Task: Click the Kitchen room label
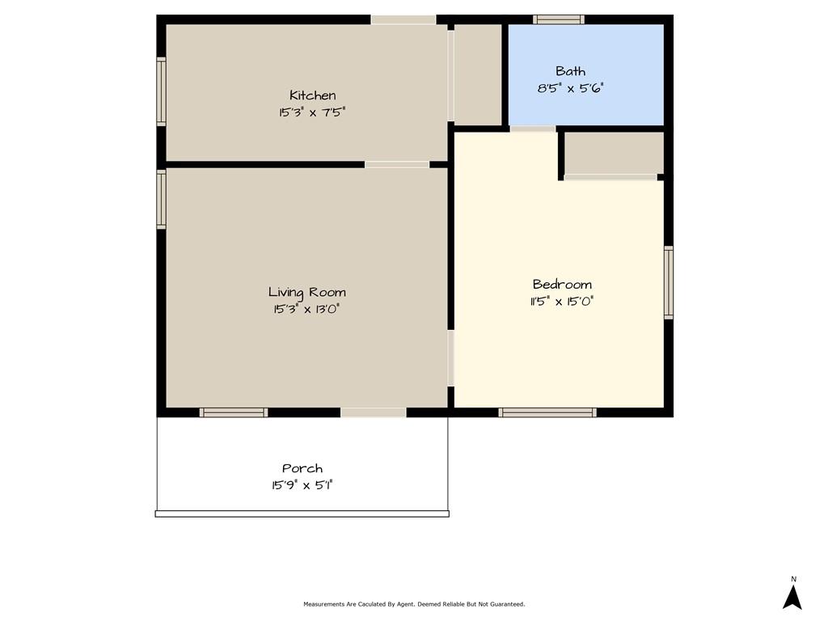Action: (313, 95)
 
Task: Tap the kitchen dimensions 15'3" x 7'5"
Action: (312, 112)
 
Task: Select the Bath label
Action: (570, 71)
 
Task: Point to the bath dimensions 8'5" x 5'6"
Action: (570, 88)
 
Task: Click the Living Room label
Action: (306, 292)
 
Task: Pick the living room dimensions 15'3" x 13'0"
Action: (306, 309)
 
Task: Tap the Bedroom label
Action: (562, 285)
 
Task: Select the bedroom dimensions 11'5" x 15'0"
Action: (562, 302)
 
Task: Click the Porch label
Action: (302, 468)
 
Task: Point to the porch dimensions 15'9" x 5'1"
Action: (302, 485)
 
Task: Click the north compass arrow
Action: (792, 597)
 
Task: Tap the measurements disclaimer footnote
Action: (414, 604)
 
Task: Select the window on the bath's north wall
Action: (559, 19)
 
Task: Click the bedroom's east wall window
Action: (669, 282)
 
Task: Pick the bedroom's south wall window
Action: (547, 412)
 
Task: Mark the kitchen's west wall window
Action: (161, 91)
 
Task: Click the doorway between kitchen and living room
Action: (397, 165)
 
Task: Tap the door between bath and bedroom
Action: (534, 129)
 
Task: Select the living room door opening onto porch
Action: (374, 412)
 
